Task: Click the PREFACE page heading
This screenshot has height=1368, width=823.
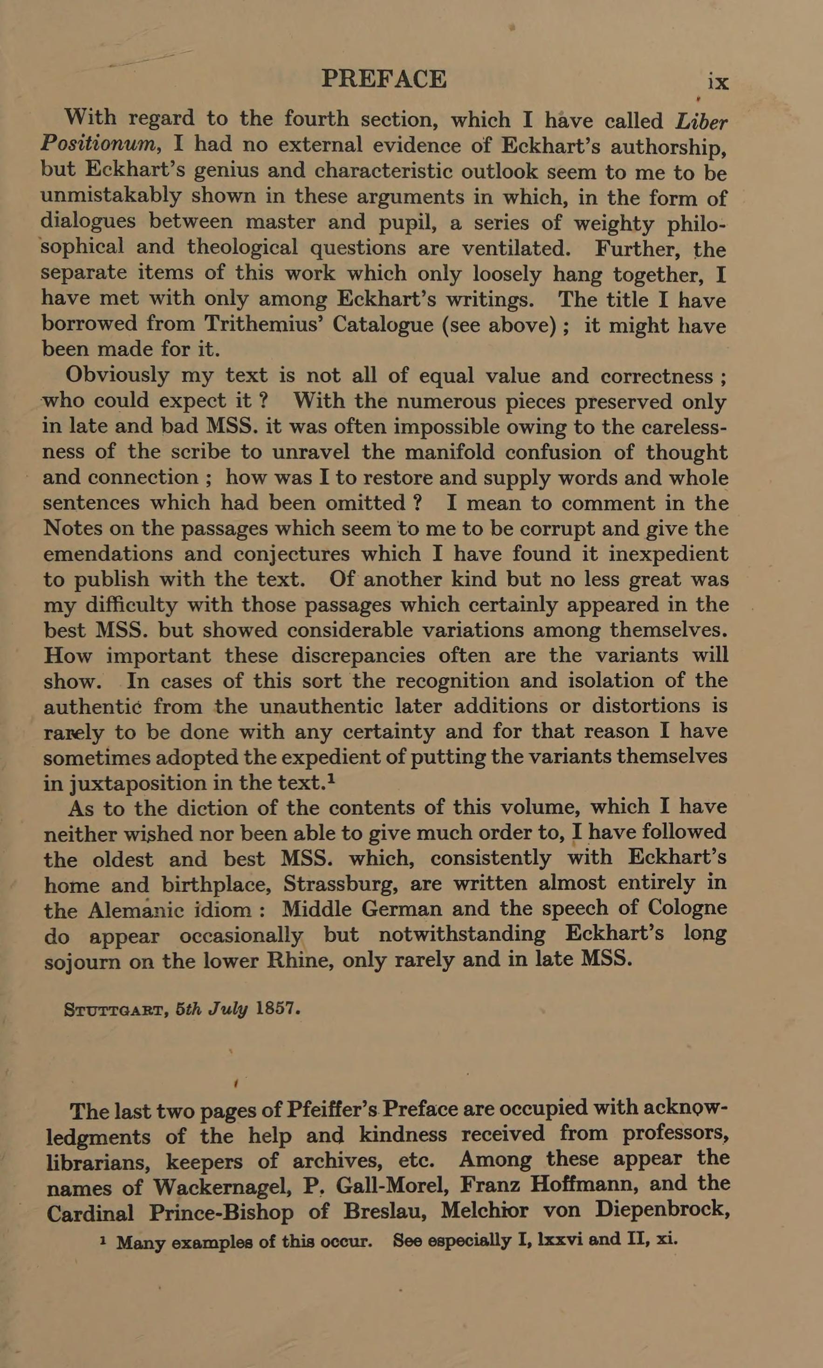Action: pyautogui.click(x=384, y=79)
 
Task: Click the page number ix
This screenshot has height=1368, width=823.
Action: pyautogui.click(x=718, y=82)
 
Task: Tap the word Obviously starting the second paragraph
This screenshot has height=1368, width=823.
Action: pyautogui.click(x=117, y=375)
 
